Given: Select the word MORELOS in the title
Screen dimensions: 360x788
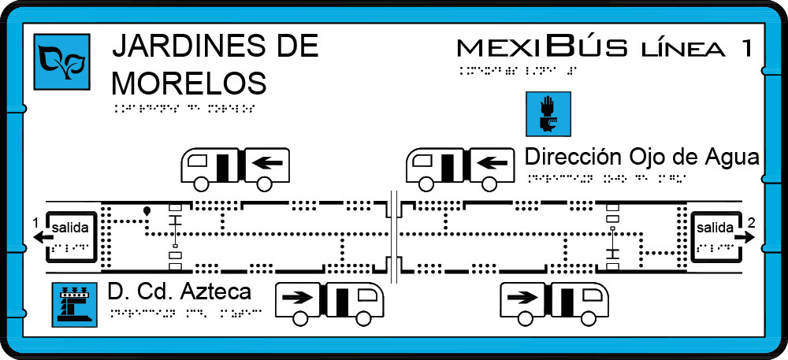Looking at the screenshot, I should coord(189,81).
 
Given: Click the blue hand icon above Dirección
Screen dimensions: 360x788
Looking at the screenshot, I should coord(547,113).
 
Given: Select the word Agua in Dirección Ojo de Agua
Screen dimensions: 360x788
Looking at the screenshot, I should coord(730,156).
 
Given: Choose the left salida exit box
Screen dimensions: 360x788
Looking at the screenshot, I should coord(72,235).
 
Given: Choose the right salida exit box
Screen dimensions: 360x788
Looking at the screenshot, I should coord(716,235).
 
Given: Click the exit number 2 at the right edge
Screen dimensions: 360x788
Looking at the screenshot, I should coord(752,223).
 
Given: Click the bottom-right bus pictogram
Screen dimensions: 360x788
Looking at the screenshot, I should coord(555,303).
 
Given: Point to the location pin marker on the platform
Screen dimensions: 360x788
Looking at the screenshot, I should coord(147,211).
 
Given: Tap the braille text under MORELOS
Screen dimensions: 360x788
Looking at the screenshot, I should coord(184,108).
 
